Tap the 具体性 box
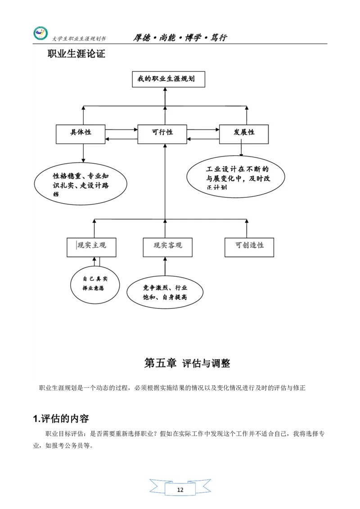[x=81, y=134]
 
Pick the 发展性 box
[x=243, y=134]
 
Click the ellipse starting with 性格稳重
[x=81, y=183]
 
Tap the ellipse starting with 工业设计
[x=236, y=177]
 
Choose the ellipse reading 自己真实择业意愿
[x=95, y=284]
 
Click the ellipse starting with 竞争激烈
[x=165, y=292]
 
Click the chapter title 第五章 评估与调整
[x=187, y=363]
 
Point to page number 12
[x=180, y=490]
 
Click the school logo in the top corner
[x=40, y=34]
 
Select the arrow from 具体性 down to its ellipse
[x=83, y=153]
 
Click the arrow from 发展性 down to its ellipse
[x=242, y=150]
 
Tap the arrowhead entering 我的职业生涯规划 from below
[x=165, y=90]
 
